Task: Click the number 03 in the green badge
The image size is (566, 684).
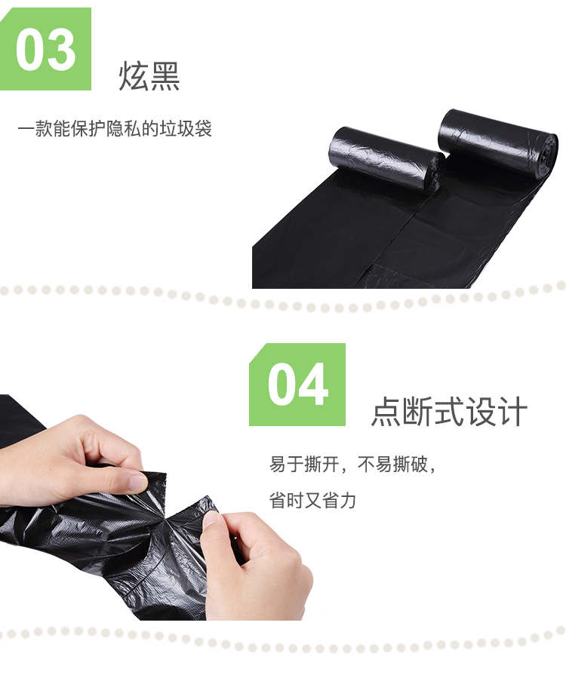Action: coord(46,49)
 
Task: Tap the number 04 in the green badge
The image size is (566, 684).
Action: coord(297,384)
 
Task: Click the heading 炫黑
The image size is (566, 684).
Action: coord(149,76)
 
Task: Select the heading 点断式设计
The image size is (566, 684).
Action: coord(449,411)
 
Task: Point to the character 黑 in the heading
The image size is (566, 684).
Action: coord(165,76)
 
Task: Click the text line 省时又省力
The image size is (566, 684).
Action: coord(312,500)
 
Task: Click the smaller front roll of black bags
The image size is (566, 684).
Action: coord(386,159)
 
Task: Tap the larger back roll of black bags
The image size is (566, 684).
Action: coord(497,144)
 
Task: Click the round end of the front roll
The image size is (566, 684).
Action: coord(435,173)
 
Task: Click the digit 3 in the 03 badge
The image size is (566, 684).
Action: coord(62,49)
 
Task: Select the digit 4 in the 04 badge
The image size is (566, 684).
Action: coord(313,384)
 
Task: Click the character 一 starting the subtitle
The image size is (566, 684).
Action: coord(26,129)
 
